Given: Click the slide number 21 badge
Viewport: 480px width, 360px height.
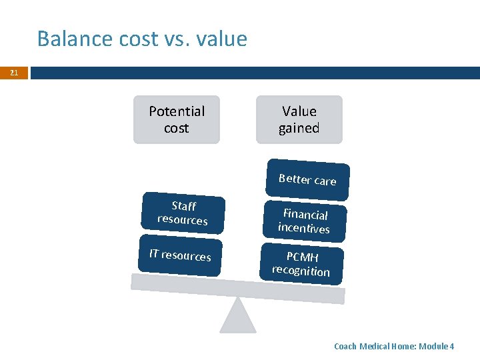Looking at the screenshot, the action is pos(13,73).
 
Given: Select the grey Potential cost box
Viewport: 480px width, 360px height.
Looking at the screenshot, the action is pos(177,120).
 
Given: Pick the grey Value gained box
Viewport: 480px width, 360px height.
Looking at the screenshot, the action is pos(299,120).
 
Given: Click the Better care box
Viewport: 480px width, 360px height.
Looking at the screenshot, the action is pos(307,180).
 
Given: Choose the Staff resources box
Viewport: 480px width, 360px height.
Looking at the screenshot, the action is pos(183,213).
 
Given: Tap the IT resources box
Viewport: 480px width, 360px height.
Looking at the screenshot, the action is pos(180,255).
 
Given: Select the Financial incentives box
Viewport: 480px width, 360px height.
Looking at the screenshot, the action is pos(304,221).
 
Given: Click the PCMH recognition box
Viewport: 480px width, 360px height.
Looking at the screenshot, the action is pos(301,264).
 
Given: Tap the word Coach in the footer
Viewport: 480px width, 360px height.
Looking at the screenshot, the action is pos(345,347).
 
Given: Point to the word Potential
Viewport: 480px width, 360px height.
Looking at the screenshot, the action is pos(177,111).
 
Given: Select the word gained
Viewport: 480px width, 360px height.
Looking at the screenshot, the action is pos(299,128).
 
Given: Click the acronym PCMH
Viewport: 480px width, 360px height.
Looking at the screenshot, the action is pos(303,257).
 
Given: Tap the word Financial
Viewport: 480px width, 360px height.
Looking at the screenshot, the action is pos(305,214).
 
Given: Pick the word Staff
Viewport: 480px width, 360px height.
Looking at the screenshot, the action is pos(183,206).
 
